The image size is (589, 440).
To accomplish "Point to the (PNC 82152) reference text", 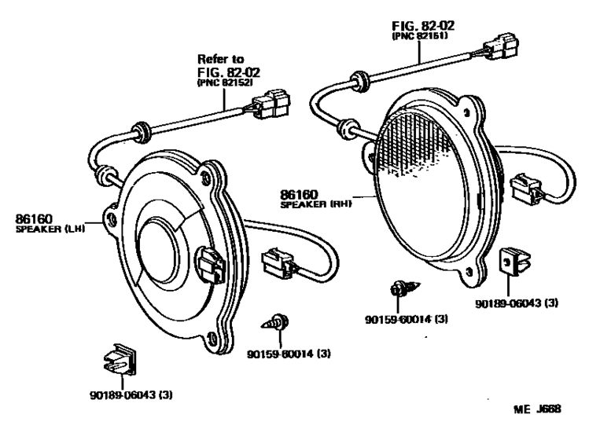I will click(x=230, y=84).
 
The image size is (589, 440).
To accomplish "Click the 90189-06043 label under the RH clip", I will click(x=516, y=303).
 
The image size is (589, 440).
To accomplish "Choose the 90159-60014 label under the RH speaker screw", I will click(x=416, y=319).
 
